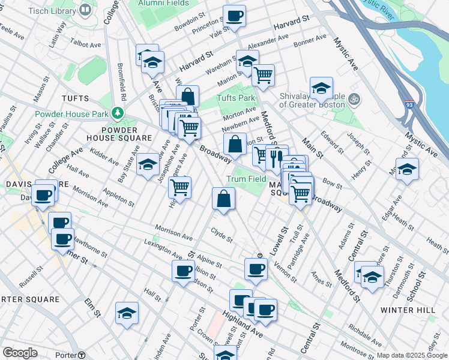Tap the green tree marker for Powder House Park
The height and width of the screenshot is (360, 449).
click(x=119, y=113)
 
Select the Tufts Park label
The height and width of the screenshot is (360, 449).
click(x=236, y=98)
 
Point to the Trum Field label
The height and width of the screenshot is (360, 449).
click(x=246, y=179)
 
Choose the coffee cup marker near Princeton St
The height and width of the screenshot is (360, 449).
click(x=235, y=16)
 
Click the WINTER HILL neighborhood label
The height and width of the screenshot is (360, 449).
click(x=406, y=310)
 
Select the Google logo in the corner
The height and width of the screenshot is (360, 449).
click(x=20, y=352)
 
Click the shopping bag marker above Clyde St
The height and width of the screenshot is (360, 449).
click(x=223, y=199)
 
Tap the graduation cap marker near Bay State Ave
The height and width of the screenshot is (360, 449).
click(x=148, y=165)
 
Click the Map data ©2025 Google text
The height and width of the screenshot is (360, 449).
click(x=412, y=355)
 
